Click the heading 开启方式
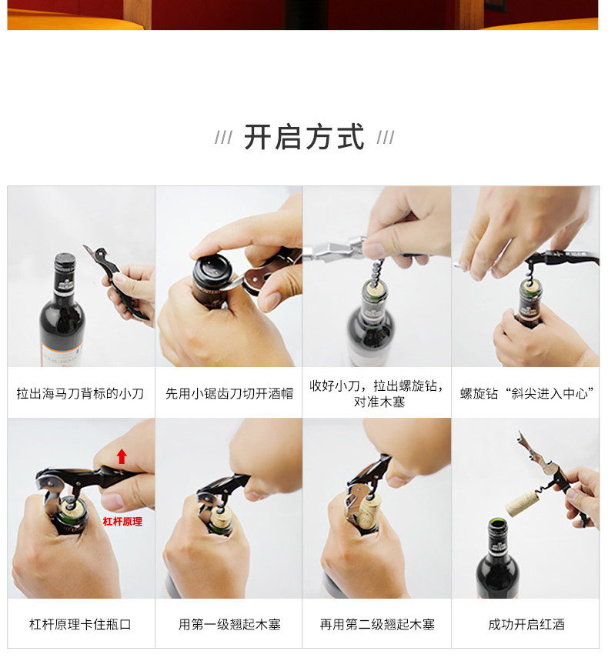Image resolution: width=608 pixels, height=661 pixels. coord(304,137)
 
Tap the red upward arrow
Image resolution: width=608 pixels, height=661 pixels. coord(122,456)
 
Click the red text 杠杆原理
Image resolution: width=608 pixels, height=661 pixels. coord(122,522)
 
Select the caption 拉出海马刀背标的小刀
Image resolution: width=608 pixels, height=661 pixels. coord(80,393)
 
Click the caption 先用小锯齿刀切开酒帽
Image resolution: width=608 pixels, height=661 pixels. coord(229,393)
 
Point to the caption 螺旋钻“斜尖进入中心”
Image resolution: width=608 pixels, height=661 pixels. coord(527,393)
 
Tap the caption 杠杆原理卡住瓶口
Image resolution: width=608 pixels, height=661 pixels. coord(80,624)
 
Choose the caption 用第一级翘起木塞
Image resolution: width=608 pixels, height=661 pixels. coord(229,624)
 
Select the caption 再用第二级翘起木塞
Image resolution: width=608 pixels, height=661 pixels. coord(377,624)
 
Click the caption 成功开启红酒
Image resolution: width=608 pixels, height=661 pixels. coord(526,624)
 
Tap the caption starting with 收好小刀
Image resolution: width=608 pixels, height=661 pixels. coord(376,393)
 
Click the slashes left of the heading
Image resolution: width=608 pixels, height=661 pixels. coord(223,137)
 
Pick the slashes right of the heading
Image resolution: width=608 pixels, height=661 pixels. coord(386,137)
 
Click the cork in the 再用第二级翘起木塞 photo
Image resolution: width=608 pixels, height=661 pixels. coord(369,513)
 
